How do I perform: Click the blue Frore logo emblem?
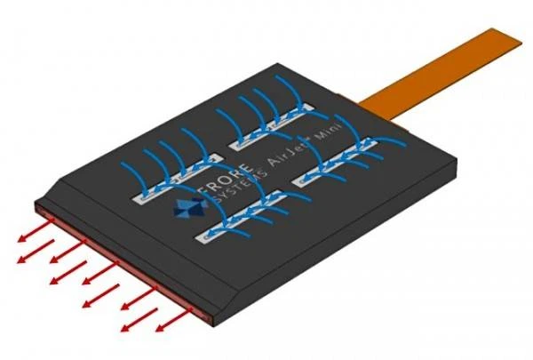[190, 206]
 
